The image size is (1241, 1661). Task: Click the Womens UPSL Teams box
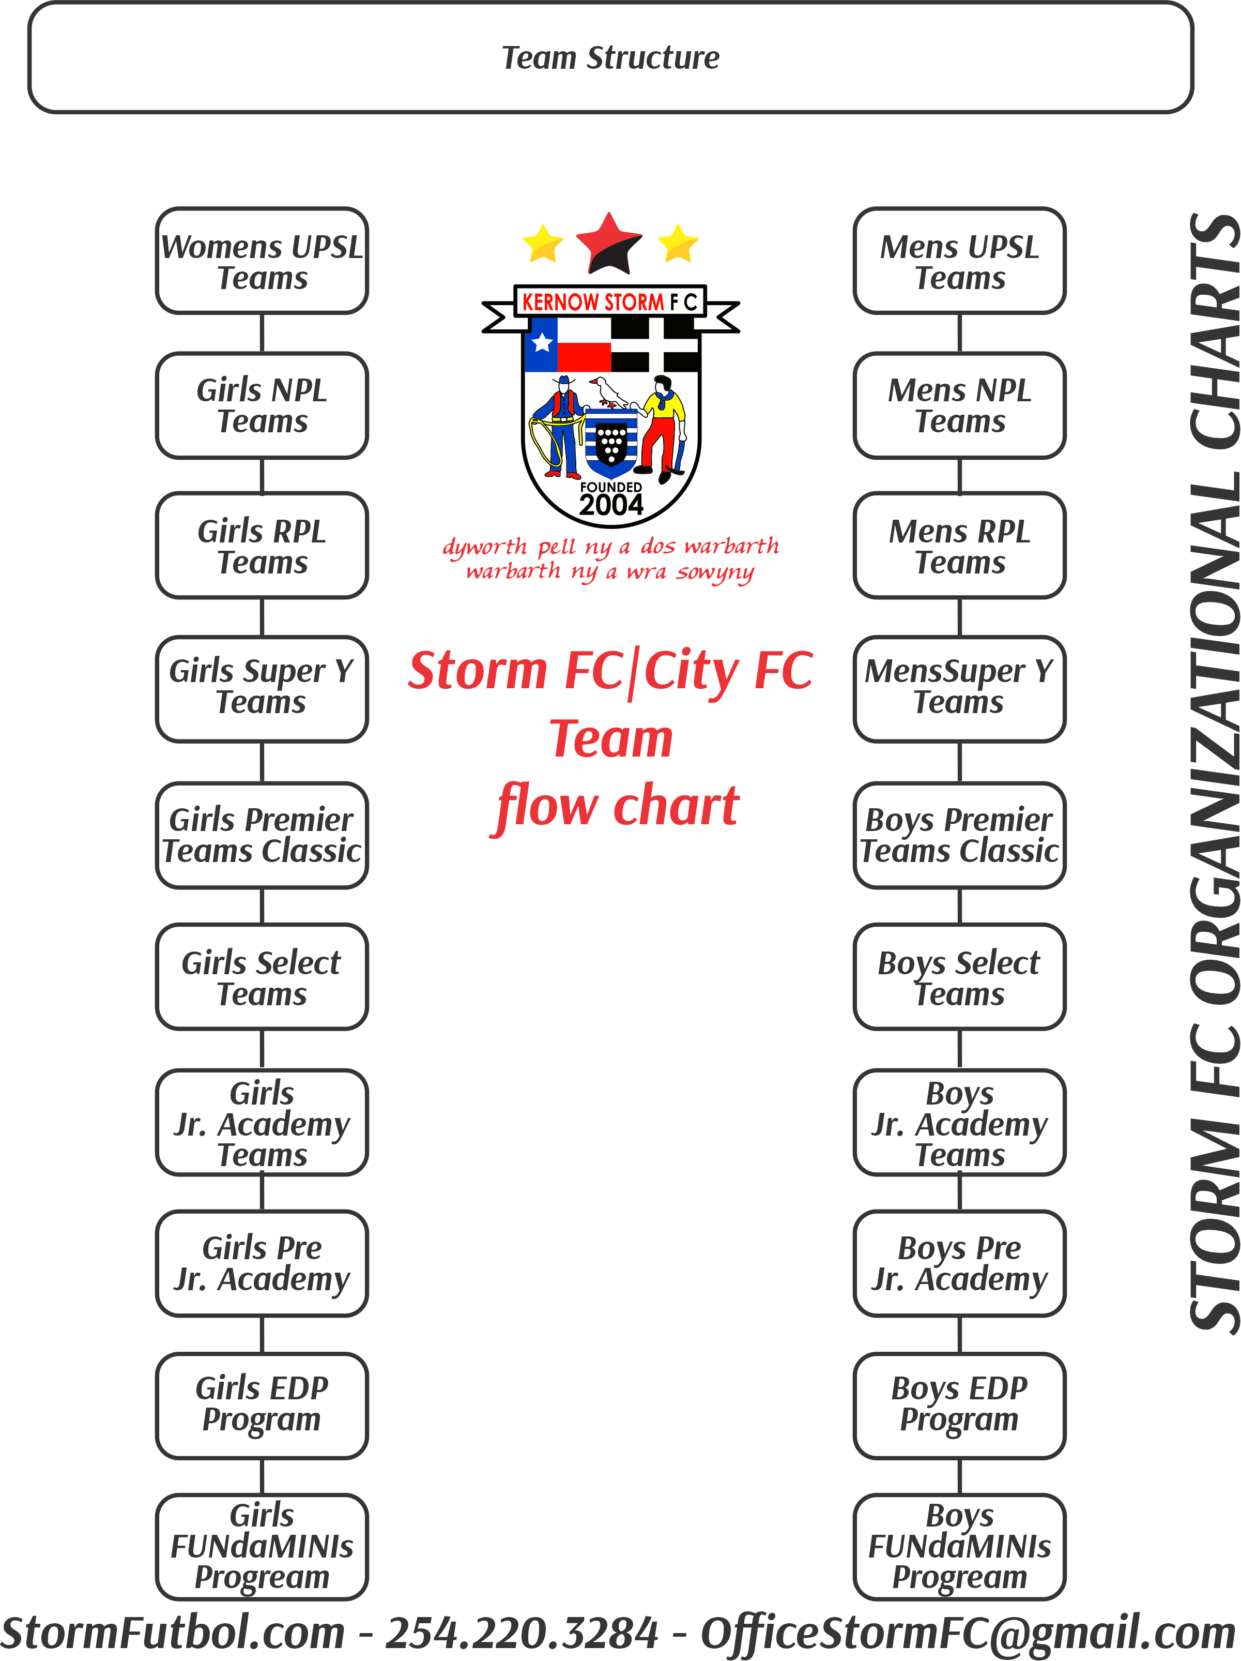(261, 261)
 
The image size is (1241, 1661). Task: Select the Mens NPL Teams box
(959, 405)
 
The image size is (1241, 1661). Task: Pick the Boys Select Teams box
(959, 976)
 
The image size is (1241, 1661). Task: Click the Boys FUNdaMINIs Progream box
(959, 1547)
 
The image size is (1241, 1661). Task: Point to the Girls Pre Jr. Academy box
(261, 1263)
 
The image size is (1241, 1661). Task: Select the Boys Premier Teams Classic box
(959, 835)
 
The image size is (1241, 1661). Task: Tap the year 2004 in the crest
(610, 505)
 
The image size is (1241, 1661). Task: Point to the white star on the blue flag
(541, 343)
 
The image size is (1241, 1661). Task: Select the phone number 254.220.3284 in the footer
(522, 1633)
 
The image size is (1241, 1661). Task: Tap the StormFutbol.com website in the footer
(173, 1633)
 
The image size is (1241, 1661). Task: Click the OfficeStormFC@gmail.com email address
(967, 1633)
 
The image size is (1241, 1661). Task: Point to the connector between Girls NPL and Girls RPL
(261, 475)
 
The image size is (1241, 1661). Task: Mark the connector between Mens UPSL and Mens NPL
(959, 333)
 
